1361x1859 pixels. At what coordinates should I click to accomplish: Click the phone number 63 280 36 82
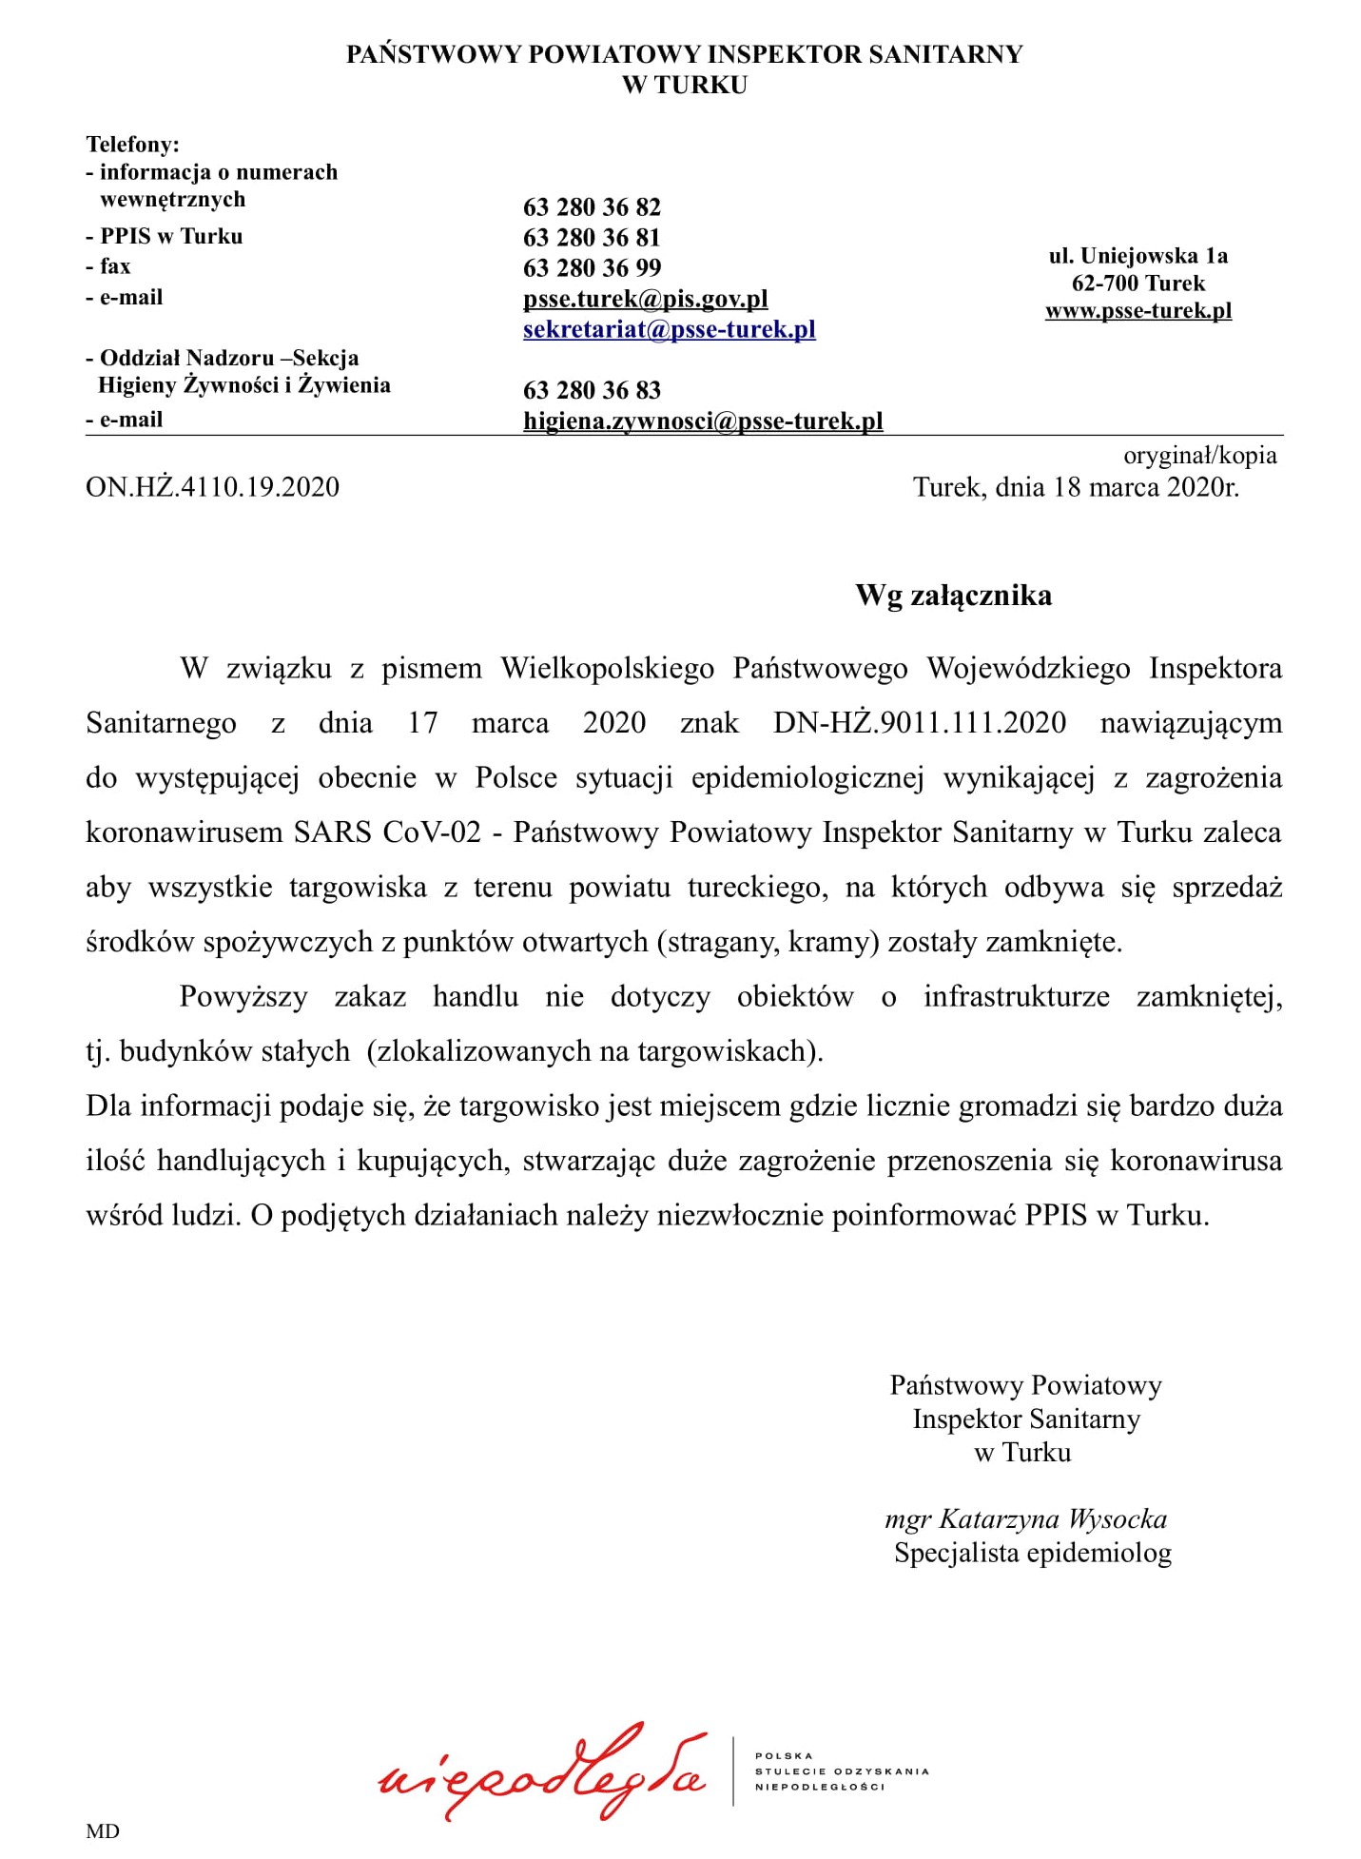pos(592,207)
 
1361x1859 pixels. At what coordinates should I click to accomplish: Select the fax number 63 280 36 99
pos(592,268)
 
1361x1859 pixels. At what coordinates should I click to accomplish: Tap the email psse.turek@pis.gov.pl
pos(645,299)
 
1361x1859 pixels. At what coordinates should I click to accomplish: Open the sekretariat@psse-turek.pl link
pos(669,329)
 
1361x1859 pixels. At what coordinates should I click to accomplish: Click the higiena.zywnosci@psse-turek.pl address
pos(703,421)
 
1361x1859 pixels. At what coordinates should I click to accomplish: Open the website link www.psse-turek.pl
pos(1137,310)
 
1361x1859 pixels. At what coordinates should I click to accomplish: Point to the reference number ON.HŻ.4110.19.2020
pos(212,487)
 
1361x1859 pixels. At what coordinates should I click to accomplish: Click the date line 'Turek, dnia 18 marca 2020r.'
pos(1076,487)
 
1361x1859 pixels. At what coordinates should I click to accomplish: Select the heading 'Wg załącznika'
pos(953,596)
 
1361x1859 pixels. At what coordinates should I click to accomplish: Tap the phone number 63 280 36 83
pos(592,390)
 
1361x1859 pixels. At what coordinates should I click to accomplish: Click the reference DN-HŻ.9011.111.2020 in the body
pos(920,723)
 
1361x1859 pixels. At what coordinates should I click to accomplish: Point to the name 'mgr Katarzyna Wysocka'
pos(1025,1519)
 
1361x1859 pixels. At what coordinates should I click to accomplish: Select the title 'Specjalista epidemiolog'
pos(1032,1554)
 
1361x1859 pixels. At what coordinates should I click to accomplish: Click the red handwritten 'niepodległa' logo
pos(542,1771)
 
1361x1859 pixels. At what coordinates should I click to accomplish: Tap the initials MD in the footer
pos(102,1831)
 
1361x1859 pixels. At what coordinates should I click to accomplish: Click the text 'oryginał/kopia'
pos(1199,456)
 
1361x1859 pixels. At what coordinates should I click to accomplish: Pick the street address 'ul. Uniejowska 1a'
pos(1137,256)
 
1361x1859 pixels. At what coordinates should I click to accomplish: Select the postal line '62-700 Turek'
pos(1137,284)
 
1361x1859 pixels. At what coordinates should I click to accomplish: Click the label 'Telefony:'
pos(132,145)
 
